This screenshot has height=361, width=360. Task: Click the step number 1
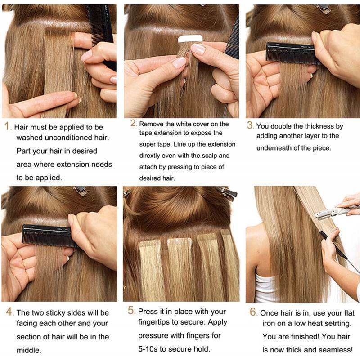[7, 126]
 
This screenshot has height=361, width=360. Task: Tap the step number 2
[133, 123]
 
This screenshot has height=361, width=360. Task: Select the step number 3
[250, 125]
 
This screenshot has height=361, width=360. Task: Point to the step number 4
[9, 312]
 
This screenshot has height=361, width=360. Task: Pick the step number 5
[131, 310]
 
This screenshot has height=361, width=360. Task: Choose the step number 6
[253, 312]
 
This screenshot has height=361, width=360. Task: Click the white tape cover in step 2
[190, 39]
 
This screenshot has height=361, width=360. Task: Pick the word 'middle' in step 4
[28, 350]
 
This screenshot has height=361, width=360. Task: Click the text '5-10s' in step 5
[148, 349]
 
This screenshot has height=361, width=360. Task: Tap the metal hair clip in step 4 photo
[81, 191]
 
